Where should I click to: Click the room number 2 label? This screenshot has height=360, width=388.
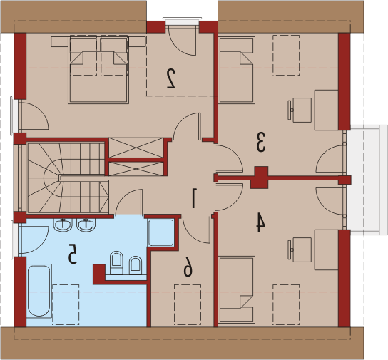[x=171, y=78]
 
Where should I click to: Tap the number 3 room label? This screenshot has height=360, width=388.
[x=261, y=142]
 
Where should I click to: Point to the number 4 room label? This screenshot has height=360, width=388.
[x=260, y=223]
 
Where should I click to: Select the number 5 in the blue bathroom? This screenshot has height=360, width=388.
[x=73, y=254]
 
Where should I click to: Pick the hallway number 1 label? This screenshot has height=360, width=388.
[x=194, y=198]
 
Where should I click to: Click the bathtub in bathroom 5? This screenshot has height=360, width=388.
[x=39, y=291]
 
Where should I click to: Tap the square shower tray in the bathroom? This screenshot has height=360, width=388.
[x=161, y=232]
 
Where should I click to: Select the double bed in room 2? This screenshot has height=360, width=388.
[x=98, y=69]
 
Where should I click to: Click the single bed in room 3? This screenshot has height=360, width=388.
[x=237, y=70]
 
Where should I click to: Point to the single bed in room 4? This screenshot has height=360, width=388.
[x=237, y=289]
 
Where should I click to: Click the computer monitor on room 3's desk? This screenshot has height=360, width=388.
[x=290, y=110]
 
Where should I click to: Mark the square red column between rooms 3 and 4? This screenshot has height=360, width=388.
[x=259, y=178]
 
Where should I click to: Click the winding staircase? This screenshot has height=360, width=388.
[x=68, y=178]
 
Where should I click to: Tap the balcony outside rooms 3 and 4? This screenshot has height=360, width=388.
[x=367, y=180]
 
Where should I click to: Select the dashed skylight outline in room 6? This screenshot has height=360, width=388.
[x=188, y=304]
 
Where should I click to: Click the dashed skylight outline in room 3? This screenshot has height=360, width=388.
[x=286, y=55]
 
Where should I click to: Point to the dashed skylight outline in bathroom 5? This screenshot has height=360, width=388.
[x=66, y=304]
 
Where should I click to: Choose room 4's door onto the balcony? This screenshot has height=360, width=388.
[x=328, y=201]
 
